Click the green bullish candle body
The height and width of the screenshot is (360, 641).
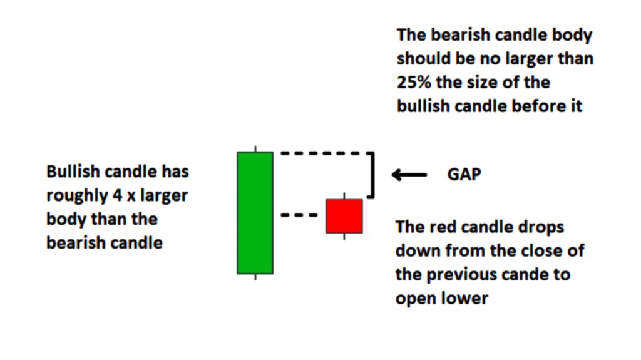255,213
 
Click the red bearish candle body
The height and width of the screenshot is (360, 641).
344,216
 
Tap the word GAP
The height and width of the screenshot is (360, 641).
464,174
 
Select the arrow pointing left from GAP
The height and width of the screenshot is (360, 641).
409,175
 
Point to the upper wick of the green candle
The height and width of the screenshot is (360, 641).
255,148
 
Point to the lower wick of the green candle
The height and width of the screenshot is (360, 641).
255,277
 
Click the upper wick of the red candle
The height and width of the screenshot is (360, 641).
344,195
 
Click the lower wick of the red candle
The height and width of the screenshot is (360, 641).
344,237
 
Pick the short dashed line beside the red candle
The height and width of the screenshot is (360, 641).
299,215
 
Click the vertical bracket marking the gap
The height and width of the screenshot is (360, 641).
372,175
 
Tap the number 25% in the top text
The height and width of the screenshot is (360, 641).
414,82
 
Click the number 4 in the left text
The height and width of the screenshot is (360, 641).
117,195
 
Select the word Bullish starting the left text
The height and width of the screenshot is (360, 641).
73,172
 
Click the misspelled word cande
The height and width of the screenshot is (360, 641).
526,274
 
